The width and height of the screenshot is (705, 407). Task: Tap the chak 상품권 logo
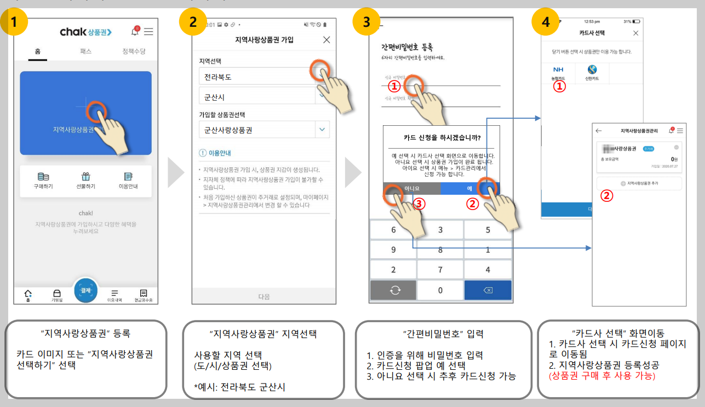coord(85,32)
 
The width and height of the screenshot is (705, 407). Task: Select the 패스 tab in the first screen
coord(85,51)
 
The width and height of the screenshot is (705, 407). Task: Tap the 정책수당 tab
coord(134,51)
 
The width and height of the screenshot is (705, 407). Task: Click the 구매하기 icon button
coord(43,180)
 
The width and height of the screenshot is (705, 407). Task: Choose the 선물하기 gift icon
coord(85,180)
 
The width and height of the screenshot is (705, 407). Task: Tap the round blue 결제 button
coord(85,290)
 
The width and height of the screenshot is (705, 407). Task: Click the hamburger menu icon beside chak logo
coord(148,32)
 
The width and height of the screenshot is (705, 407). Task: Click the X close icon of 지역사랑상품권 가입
coord(326,39)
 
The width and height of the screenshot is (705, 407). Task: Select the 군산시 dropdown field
coord(257,97)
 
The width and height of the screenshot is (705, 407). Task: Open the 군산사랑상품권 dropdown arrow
coord(322,130)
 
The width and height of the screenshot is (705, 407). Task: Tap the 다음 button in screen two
coord(264,296)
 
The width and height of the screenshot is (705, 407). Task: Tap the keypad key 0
coord(440,290)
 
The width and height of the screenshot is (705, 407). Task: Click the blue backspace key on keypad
coord(488,290)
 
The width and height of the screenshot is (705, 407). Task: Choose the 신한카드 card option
coord(592,73)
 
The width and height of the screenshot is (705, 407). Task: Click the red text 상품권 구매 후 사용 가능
coord(602,376)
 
